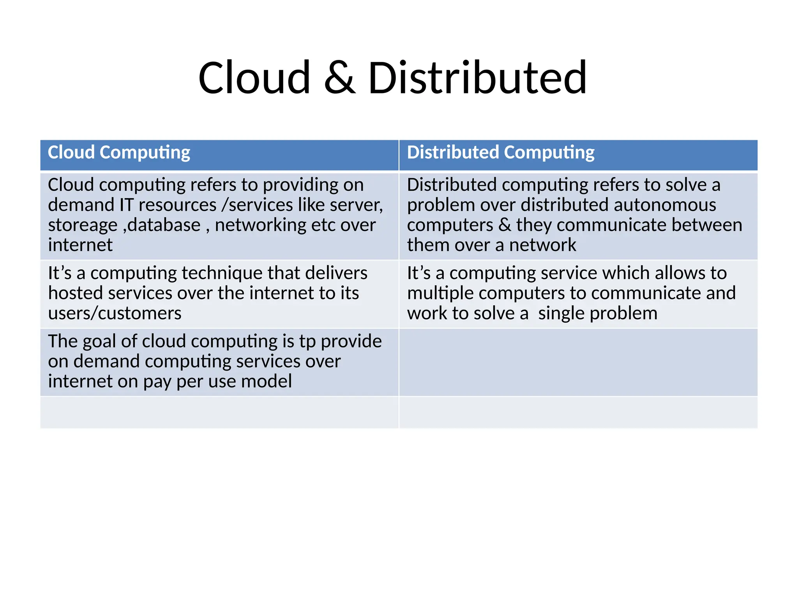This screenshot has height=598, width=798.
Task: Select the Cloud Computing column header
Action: tap(119, 152)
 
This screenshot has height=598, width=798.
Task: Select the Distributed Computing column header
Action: tap(501, 152)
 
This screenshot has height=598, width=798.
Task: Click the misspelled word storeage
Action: tap(83, 225)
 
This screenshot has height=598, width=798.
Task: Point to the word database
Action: tap(164, 225)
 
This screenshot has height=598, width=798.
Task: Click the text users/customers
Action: tap(115, 313)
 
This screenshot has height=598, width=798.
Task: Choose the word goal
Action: tap(99, 341)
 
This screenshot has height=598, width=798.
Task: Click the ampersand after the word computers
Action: tap(505, 225)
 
